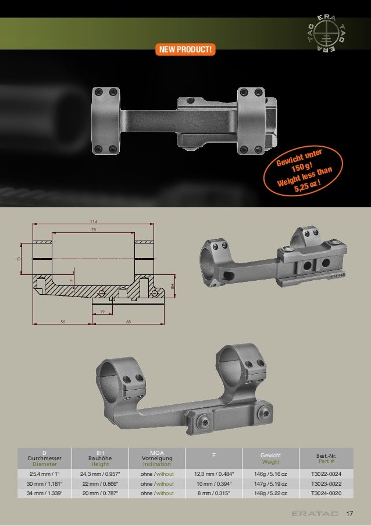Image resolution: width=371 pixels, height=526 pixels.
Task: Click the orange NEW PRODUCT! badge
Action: [185, 50]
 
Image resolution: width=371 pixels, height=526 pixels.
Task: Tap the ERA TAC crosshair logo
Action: [326, 34]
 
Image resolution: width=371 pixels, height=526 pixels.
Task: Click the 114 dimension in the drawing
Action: [93, 221]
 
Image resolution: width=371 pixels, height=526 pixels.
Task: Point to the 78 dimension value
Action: [94, 230]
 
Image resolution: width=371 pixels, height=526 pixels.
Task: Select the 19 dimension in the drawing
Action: [102, 312]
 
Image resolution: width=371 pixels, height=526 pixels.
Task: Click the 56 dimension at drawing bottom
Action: [63, 322]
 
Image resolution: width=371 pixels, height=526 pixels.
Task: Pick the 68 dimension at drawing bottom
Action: [129, 322]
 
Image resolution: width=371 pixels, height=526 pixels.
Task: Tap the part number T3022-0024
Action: [326, 474]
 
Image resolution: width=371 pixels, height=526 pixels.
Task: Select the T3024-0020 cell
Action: [326, 493]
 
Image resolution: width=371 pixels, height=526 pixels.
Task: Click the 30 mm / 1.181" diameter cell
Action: [45, 483]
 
